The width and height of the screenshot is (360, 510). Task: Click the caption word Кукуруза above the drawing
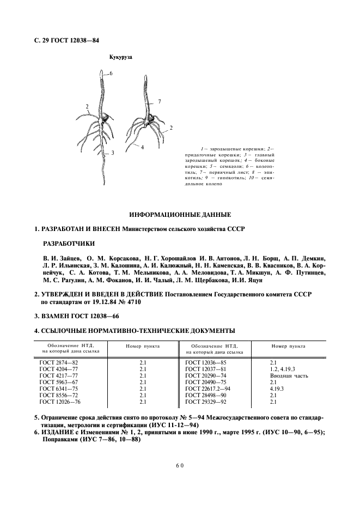click(121, 57)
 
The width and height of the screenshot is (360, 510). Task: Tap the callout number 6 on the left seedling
click(111, 73)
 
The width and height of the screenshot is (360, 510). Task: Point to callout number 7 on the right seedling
click(160, 102)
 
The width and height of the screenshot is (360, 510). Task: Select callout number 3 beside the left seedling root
click(112, 153)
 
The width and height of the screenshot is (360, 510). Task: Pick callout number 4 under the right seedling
click(142, 147)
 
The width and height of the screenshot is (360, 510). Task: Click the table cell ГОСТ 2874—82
click(59, 362)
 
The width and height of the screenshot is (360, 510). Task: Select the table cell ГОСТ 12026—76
click(60, 402)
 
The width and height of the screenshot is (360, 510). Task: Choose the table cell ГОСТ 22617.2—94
click(208, 388)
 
